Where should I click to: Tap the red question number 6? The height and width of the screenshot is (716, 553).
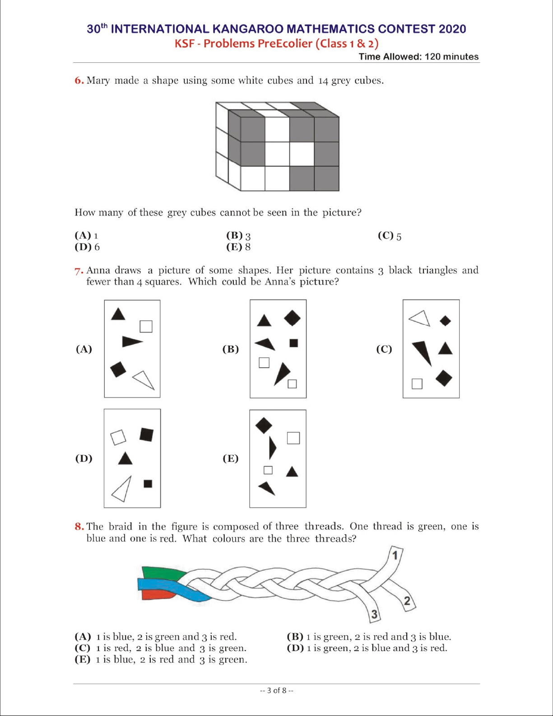(x=79, y=80)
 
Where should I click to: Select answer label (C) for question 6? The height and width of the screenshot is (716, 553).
(x=386, y=235)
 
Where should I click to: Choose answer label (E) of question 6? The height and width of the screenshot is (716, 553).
(x=234, y=247)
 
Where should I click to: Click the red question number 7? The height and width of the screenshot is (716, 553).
(x=79, y=271)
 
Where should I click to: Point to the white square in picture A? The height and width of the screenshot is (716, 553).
(x=146, y=326)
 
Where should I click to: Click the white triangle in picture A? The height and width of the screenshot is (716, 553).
(x=144, y=379)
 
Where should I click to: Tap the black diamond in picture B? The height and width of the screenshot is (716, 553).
(x=292, y=318)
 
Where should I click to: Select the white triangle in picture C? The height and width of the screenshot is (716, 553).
(x=420, y=318)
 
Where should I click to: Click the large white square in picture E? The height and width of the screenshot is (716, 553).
(x=293, y=438)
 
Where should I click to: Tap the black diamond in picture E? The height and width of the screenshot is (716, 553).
(x=264, y=425)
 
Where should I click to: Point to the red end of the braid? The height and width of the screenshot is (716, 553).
(x=156, y=594)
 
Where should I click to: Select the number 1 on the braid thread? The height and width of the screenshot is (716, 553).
(x=395, y=555)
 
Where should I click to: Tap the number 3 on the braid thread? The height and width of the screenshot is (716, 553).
(x=374, y=614)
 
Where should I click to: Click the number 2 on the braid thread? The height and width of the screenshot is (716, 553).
(x=407, y=601)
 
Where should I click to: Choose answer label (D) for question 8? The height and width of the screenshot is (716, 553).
(x=295, y=648)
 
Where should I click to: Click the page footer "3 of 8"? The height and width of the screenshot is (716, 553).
(x=277, y=690)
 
